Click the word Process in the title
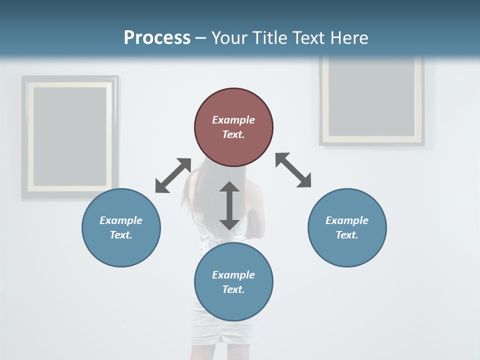[157, 38]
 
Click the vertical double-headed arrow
[229, 205]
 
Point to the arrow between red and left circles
[173, 175]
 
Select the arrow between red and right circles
[293, 170]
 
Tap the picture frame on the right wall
[372, 100]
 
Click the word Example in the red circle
[233, 120]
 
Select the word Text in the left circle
[121, 235]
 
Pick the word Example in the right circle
[347, 220]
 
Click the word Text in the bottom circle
[233, 289]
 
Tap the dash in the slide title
[200, 38]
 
